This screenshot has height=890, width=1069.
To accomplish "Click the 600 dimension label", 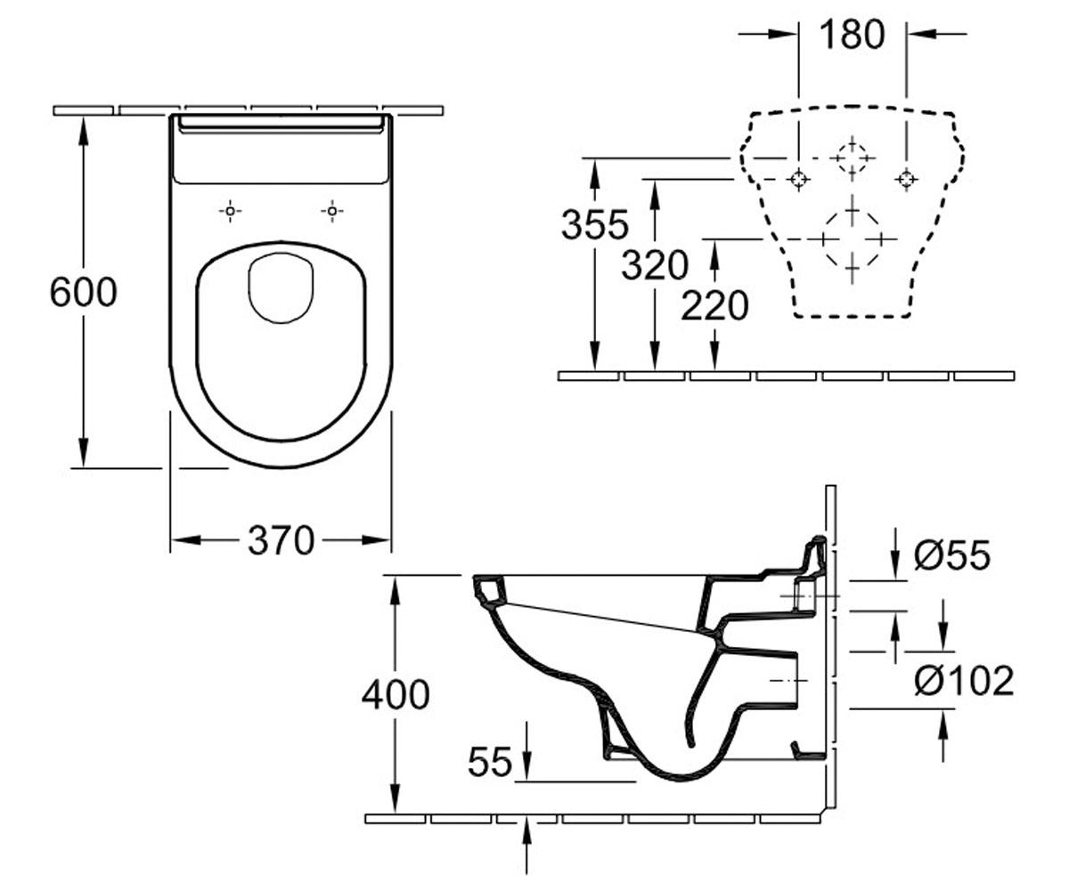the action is point(84,292).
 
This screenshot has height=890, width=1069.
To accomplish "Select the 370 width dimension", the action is point(282,540).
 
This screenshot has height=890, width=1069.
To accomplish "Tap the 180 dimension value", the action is point(853,35).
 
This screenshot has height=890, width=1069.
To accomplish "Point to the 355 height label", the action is point(595,224).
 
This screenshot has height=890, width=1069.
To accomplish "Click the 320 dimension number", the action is point(655,265).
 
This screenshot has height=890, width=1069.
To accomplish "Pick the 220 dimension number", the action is point(714,305).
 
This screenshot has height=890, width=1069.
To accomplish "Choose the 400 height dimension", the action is point(396,695).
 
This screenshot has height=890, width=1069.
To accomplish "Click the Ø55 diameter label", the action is point(952,555).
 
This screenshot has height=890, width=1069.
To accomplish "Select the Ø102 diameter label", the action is point(964,681).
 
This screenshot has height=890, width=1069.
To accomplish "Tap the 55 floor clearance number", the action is point(490,762).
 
